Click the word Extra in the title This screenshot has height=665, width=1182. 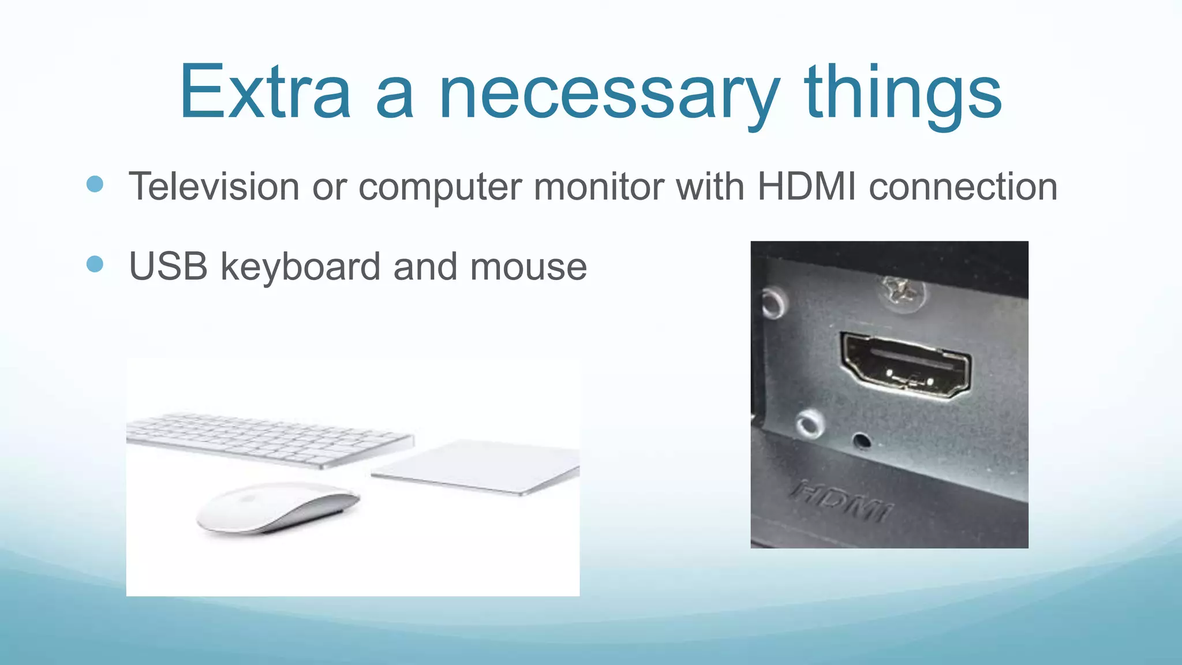265,92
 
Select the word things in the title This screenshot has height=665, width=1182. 903,95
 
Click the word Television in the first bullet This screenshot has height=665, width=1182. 214,186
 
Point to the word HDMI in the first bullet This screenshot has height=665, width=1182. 806,186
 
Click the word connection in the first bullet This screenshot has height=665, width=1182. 963,186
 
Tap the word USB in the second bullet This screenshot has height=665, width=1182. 168,267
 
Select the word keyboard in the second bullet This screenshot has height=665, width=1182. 300,267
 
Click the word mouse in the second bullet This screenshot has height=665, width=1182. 528,267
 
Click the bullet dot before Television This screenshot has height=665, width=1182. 95,184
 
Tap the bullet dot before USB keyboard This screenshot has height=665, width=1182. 95,264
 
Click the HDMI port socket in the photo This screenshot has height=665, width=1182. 905,365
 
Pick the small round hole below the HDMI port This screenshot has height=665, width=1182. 862,440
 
